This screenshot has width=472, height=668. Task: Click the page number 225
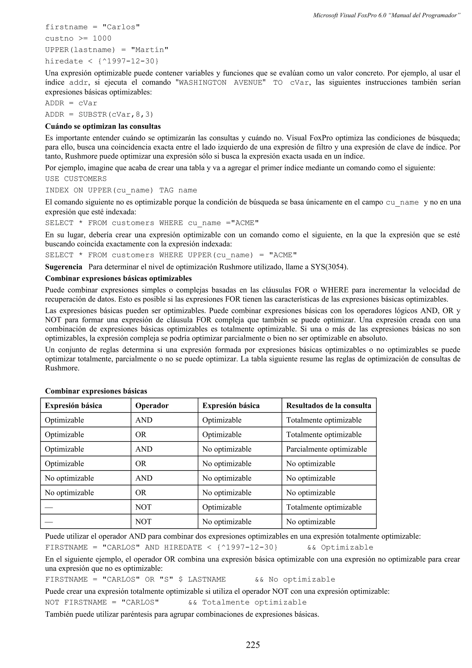253,645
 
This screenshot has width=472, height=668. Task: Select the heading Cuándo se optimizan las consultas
103,126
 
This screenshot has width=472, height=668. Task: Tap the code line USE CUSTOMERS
76,179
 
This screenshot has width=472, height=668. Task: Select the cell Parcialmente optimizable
326,449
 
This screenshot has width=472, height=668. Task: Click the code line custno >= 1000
78,38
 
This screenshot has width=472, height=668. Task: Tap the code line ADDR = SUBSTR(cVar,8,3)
99,115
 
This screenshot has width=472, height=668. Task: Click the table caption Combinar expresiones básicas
96,391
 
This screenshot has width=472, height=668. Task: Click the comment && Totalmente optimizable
247,602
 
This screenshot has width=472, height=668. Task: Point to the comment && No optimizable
295,579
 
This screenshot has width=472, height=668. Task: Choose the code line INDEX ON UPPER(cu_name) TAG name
121,190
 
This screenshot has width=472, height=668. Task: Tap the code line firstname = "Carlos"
92,27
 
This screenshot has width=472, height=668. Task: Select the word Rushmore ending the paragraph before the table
62,368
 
